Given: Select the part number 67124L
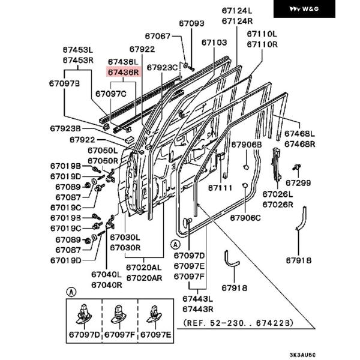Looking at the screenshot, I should [237, 11].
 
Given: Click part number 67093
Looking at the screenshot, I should [191, 23].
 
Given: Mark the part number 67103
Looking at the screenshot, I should [214, 43].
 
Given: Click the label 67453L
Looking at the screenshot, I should [78, 50].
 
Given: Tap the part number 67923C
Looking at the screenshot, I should [163, 67].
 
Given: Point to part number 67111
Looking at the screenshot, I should [220, 188].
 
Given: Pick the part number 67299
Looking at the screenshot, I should [298, 182].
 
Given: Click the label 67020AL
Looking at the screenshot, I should [144, 268].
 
